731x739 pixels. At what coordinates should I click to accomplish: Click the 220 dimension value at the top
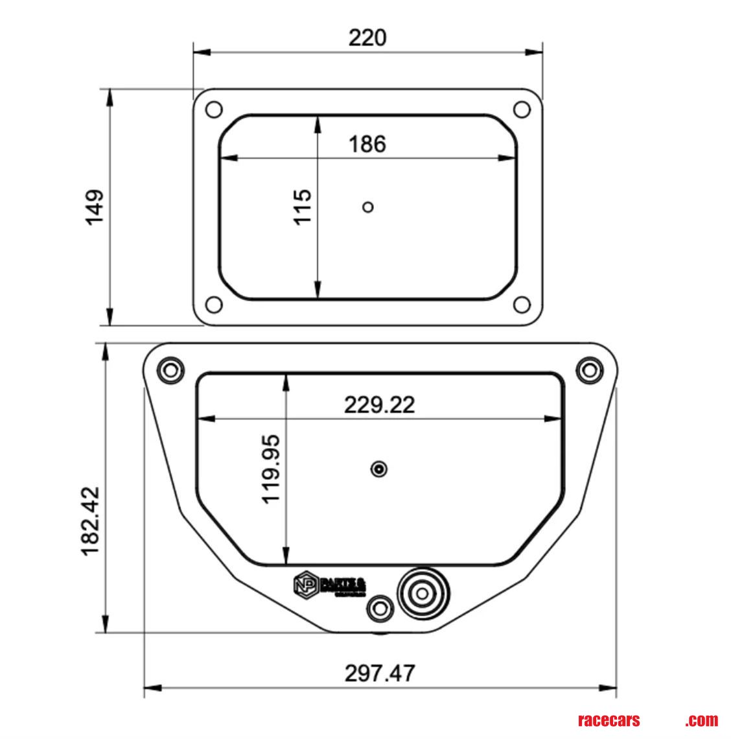coord(367,38)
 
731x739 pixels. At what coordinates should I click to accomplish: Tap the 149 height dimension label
coord(95,207)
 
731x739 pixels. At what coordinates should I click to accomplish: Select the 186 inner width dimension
coord(367,143)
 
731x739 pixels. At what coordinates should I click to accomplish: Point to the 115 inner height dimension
coord(303,207)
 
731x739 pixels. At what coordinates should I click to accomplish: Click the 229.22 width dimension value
coord(379,405)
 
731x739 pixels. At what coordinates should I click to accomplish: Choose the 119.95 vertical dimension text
coord(270,469)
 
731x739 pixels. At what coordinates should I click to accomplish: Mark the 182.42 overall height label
coord(90,521)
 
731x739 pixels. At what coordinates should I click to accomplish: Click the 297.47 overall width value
coord(379,673)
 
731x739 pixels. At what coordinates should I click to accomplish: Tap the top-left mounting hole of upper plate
coord(213,109)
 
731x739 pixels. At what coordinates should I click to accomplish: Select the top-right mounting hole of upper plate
coord(522,109)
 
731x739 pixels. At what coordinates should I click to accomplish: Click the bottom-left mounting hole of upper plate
coord(213,304)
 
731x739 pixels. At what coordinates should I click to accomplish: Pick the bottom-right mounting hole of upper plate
coord(522,304)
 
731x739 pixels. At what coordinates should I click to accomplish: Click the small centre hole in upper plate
coord(368,207)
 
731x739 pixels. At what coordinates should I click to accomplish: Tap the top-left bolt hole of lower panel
coord(170,370)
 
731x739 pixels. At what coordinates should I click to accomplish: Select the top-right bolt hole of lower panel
coord(589,370)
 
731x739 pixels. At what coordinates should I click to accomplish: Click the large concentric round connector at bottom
coord(423,592)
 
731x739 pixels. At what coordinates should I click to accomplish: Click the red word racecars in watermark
coord(608,720)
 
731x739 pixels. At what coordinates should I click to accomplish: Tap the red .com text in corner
coord(702,720)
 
